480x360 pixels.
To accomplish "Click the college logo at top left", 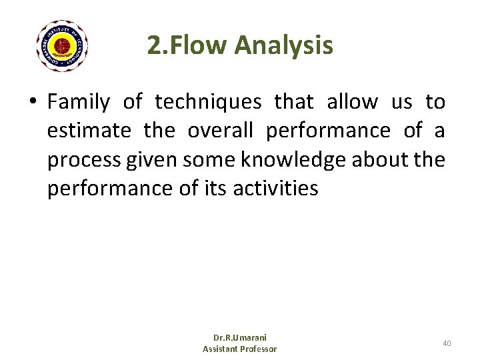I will click(x=63, y=45).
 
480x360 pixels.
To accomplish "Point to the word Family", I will click(x=79, y=102).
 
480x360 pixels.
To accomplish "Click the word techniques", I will click(x=208, y=102).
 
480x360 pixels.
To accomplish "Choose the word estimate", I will click(x=89, y=131).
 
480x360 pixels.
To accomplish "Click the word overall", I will click(x=220, y=131).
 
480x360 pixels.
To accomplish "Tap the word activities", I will click(x=276, y=189).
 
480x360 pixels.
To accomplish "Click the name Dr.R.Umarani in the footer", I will click(x=240, y=338).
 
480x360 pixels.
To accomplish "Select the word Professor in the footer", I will click(x=257, y=349).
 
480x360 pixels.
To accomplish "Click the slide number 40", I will click(x=447, y=343).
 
